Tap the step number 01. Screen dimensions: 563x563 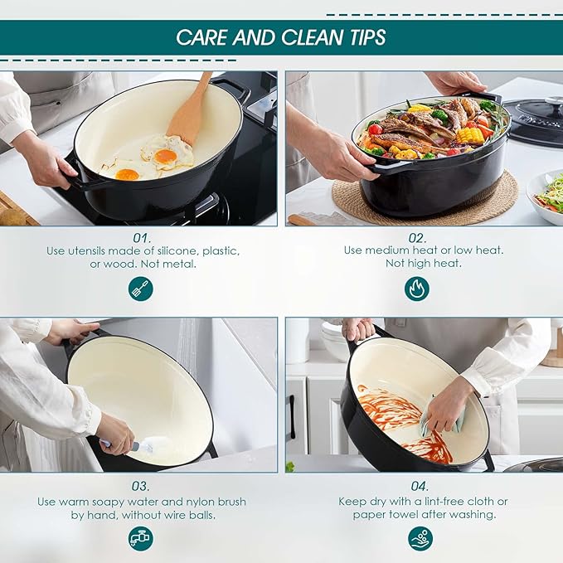[x=140, y=237]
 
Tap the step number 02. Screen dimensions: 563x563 [x=417, y=237]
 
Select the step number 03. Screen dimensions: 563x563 [x=140, y=486]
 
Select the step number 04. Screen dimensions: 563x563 [x=420, y=486]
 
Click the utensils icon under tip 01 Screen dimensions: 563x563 [x=140, y=289]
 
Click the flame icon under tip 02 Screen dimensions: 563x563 [x=417, y=289]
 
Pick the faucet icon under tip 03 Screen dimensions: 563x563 [x=140, y=538]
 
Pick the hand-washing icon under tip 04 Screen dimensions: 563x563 [x=420, y=538]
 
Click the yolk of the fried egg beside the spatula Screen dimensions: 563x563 [x=166, y=154]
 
